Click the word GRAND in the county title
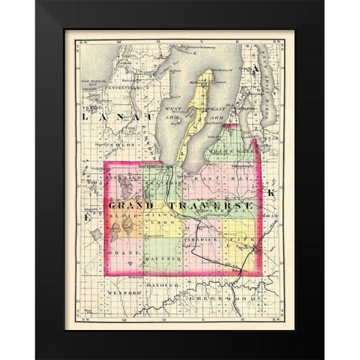click(130, 204)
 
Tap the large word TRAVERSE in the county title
click(201, 204)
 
